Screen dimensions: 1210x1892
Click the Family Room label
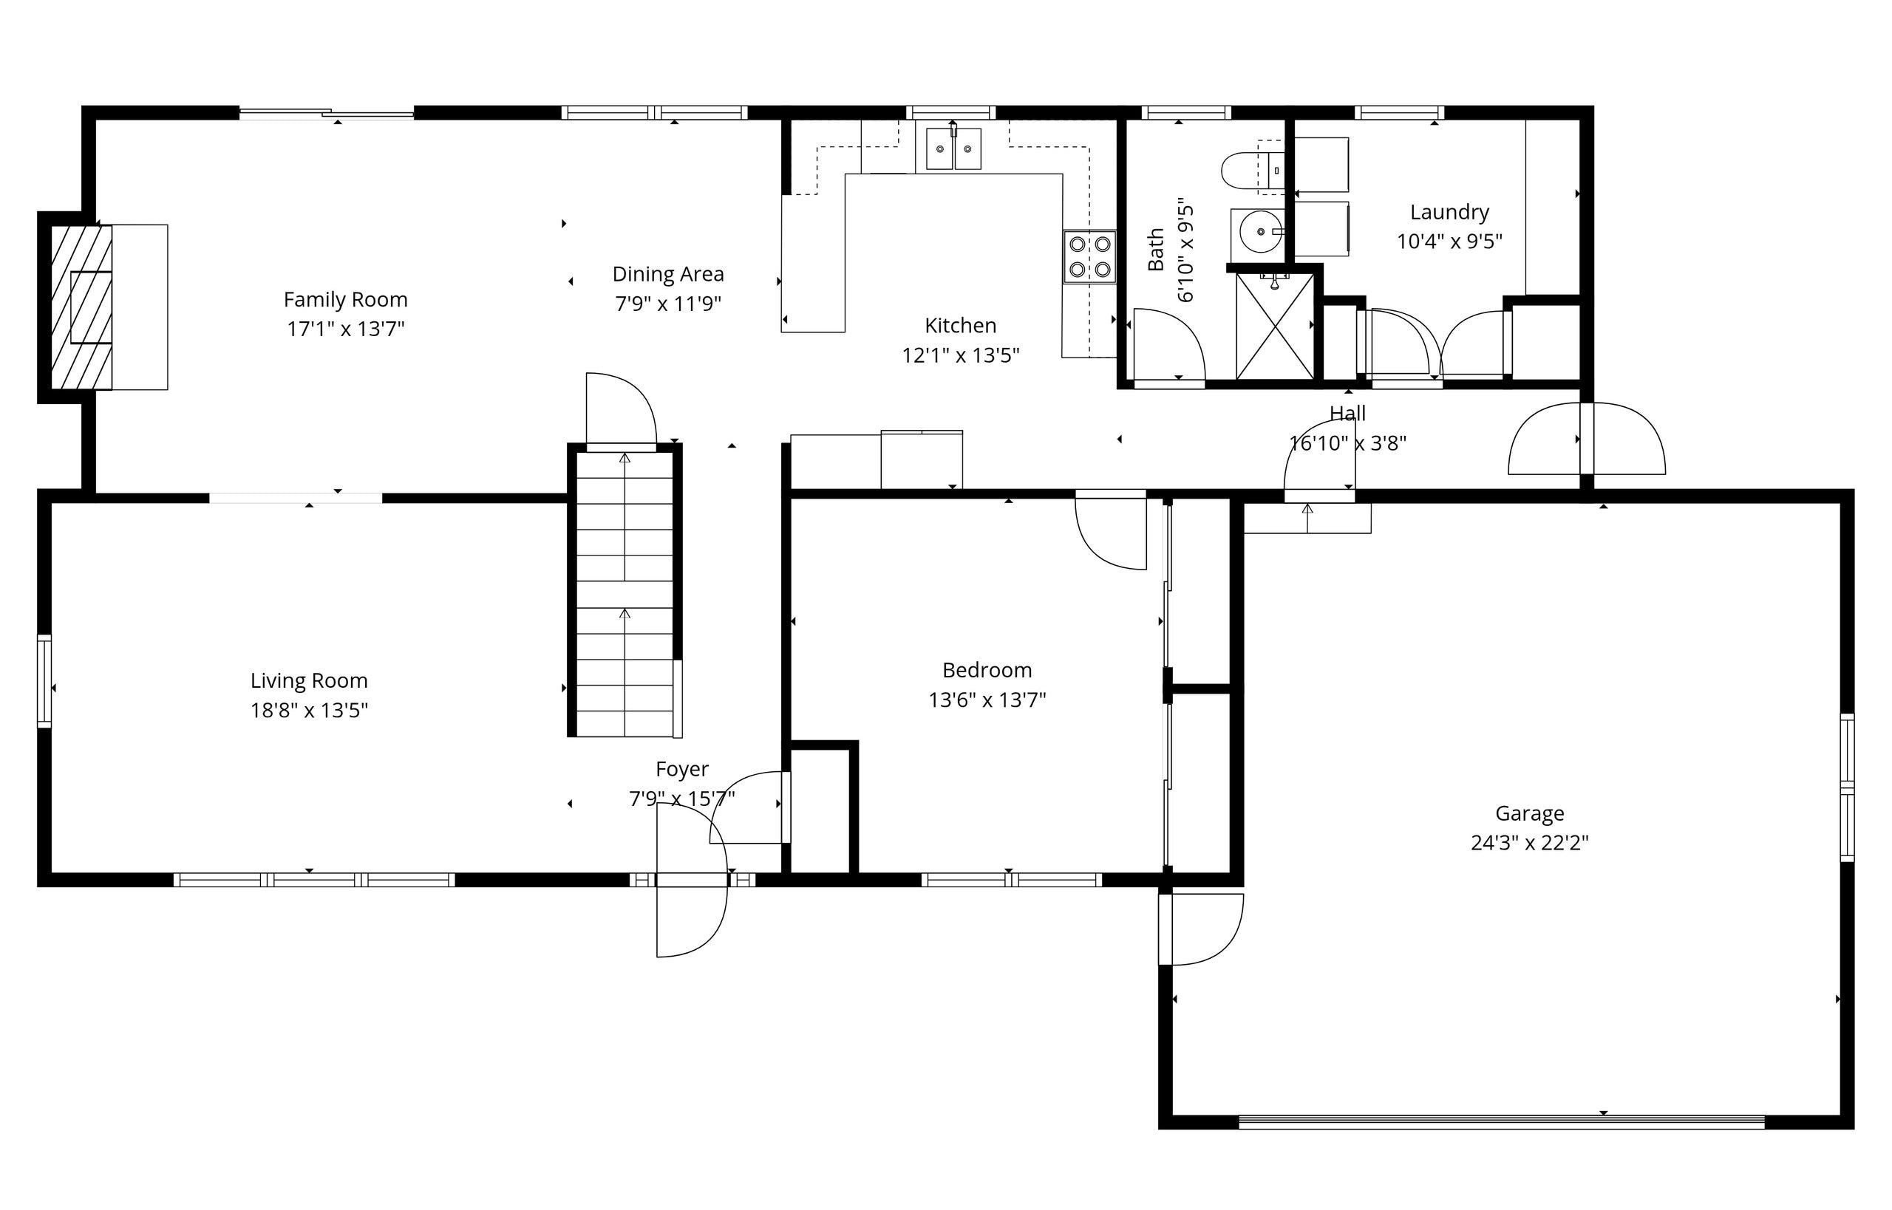coord(345,299)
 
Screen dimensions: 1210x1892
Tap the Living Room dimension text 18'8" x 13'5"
coord(309,711)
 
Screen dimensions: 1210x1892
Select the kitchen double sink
coord(953,148)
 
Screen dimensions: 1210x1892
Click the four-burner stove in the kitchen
coord(1089,256)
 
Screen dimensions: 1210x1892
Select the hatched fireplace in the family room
coord(81,307)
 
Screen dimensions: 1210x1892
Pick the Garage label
coord(1529,813)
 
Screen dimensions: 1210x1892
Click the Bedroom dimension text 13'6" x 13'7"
coord(987,700)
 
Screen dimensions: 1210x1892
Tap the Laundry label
coord(1449,212)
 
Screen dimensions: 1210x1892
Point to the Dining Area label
coord(667,274)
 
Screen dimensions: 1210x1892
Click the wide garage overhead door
coord(1501,1121)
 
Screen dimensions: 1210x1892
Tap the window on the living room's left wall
coord(44,680)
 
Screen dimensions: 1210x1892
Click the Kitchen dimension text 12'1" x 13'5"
coord(960,355)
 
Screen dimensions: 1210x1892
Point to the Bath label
coord(1155,250)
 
